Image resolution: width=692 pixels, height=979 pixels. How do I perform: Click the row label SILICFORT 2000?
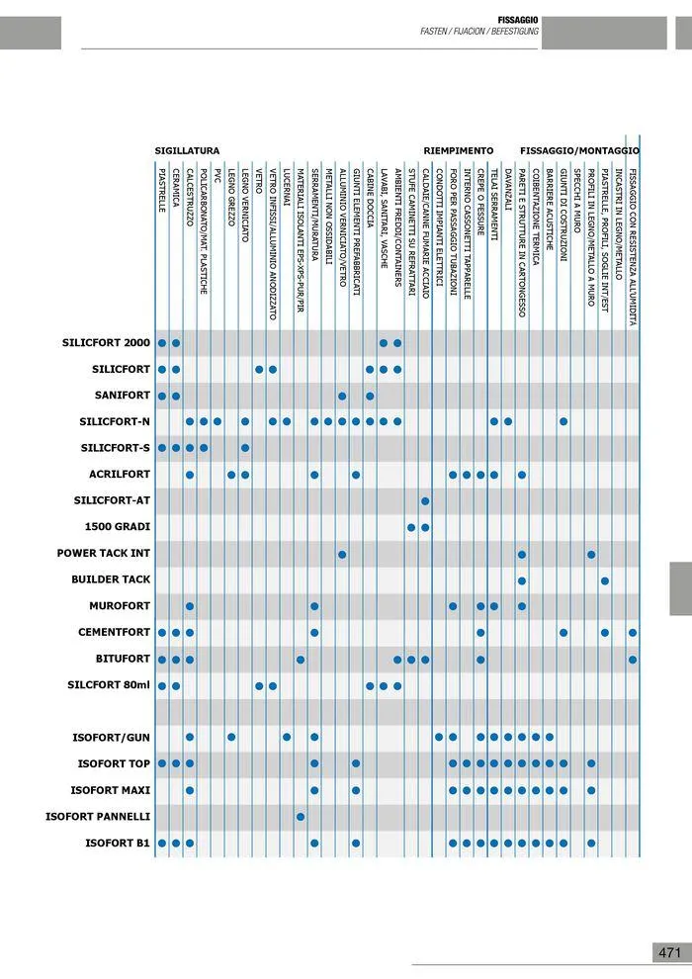point(106,343)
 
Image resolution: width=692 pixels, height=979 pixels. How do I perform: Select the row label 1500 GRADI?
point(118,527)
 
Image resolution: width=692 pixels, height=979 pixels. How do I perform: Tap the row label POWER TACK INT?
point(104,554)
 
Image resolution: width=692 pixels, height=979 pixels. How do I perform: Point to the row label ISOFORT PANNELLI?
point(98,817)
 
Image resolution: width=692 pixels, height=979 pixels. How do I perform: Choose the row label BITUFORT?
point(123,659)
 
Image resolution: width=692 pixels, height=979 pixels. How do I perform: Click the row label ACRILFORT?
point(120,475)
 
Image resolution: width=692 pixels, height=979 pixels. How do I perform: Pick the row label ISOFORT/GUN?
point(112,738)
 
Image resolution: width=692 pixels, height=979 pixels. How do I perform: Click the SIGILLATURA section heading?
point(187,150)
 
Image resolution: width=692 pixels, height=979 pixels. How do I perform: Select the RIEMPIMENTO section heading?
point(458,150)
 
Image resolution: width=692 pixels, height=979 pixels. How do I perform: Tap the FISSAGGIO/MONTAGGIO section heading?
point(579,150)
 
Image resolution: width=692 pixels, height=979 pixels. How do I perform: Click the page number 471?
point(669,952)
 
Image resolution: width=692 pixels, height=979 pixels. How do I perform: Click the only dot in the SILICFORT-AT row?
point(425,501)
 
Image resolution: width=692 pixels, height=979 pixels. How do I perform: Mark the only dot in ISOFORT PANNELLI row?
point(301,817)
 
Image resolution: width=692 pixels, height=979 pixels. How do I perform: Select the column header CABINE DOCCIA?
point(370,199)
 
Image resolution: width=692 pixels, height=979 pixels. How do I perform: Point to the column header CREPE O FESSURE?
point(480,204)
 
